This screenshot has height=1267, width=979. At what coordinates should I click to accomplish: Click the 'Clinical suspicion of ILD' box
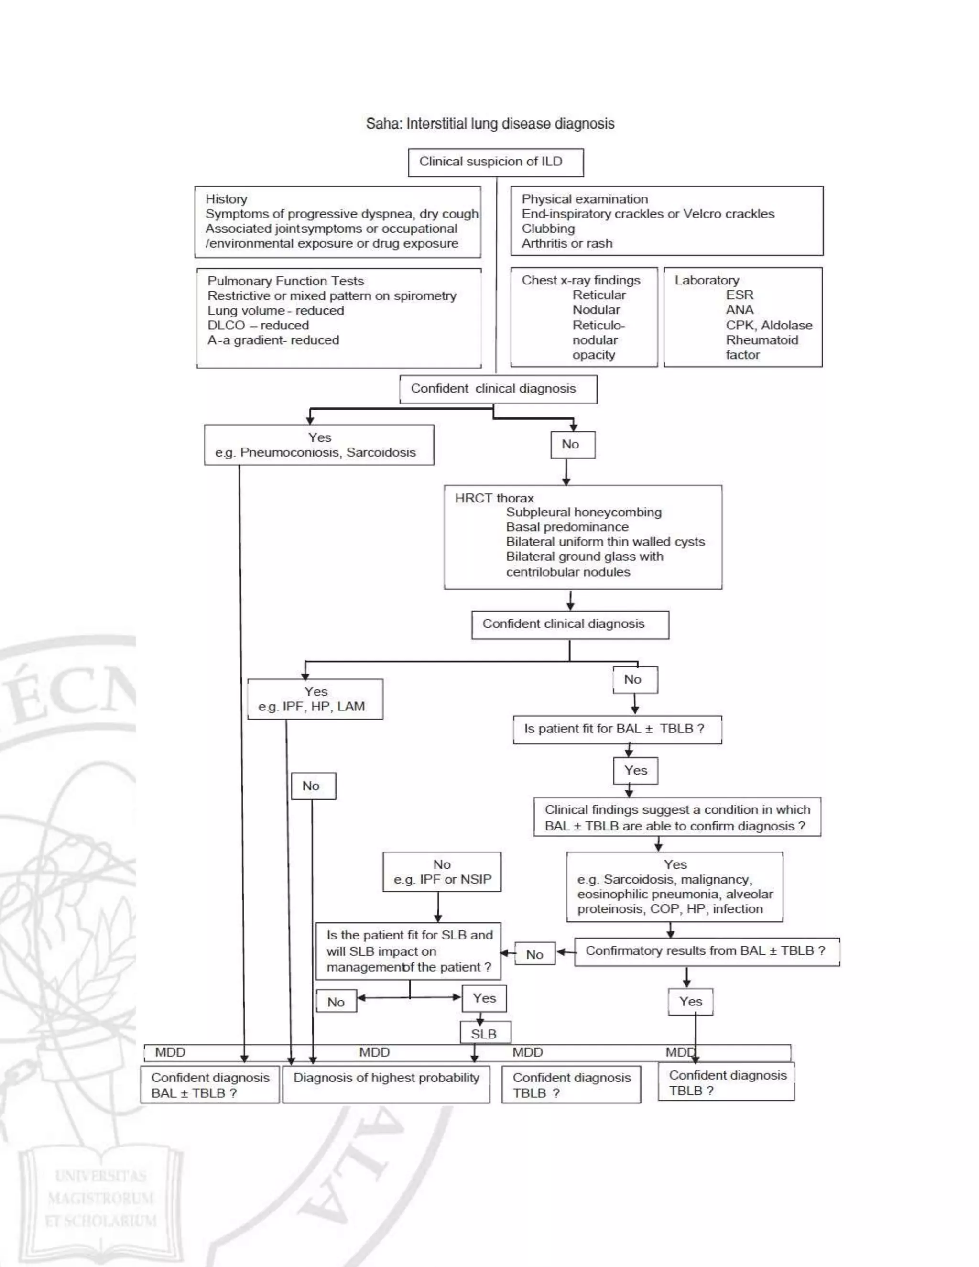pos(495,162)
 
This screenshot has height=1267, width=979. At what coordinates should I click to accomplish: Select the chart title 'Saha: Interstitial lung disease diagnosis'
pos(490,123)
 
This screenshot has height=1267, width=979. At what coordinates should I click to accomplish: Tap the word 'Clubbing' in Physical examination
pos(548,229)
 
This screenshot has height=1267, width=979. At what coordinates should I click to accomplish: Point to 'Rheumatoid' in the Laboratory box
pos(761,340)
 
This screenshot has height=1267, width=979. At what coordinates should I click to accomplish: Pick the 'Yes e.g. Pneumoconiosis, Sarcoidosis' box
pos(318,445)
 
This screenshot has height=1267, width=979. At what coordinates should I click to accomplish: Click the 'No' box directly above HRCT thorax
pos(572,444)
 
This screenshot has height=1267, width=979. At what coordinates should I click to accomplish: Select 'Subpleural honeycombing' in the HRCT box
pos(584,512)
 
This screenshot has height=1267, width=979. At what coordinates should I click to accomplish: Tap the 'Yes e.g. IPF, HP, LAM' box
pos(315,699)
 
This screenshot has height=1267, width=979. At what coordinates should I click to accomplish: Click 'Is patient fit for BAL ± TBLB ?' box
pos(617,729)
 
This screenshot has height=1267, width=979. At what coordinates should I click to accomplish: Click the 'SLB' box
pos(485,1034)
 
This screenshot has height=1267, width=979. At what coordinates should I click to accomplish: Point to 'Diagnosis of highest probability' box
pos(386,1078)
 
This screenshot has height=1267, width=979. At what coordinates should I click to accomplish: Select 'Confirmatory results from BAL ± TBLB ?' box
pos(706,951)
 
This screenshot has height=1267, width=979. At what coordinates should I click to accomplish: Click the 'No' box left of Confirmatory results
pos(535,954)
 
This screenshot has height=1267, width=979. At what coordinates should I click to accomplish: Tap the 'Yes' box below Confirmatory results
pos(690,1001)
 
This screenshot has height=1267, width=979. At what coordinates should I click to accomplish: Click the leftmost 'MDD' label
pos(170,1052)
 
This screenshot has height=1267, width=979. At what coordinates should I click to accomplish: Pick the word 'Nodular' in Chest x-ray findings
pos(596,310)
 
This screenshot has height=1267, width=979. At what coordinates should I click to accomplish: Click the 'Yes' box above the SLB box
pos(484,998)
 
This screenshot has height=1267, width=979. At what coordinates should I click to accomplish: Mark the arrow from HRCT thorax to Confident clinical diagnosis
pos(570,600)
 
